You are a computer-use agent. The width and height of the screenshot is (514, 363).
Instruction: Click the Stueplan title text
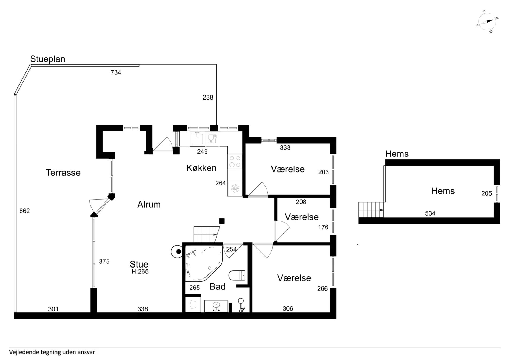[47, 59]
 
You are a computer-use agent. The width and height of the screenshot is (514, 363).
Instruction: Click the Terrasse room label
[63, 173]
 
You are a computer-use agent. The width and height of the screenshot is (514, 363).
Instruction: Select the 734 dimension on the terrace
[116, 72]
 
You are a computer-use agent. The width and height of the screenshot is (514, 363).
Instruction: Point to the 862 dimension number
[24, 211]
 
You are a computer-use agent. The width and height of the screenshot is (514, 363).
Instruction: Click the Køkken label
[201, 168]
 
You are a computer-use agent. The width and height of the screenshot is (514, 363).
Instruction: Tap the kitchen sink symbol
[197, 139]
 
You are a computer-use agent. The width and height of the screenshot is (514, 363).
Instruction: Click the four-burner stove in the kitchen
[235, 161]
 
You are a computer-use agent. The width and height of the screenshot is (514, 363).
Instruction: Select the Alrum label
[149, 204]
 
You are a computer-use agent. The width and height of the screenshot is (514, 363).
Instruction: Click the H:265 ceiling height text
[140, 272]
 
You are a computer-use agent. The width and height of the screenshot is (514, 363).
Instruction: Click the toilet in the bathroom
[237, 275]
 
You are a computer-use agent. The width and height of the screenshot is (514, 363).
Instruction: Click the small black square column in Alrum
[222, 221]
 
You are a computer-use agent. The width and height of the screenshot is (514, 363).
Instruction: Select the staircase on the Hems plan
[371, 210]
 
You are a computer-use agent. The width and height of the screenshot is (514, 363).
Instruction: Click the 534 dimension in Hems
[430, 213]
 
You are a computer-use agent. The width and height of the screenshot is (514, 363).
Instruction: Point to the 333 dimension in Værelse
[285, 148]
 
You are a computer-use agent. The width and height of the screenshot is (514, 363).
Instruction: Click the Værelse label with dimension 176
[301, 217]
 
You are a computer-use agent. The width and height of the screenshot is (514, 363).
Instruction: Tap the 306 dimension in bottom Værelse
[288, 309]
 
